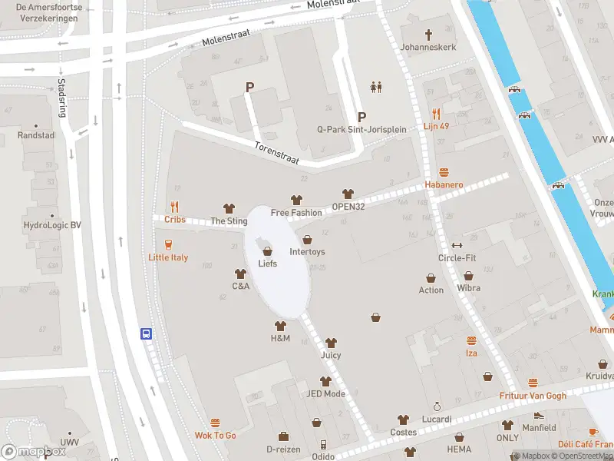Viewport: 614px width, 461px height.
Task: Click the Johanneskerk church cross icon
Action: pos(428,35)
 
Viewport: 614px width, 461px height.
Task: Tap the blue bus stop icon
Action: pos(146,333)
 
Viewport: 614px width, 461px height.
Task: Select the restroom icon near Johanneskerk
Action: pos(376,87)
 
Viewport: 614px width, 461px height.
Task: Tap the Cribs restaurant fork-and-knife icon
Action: pos(175,206)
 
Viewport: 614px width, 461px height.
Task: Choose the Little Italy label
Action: pos(168,257)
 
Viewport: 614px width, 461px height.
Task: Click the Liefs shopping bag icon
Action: pos(267,250)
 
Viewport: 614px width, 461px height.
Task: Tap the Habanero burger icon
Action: pos(444,172)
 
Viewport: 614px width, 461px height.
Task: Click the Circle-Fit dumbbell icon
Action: pos(457,245)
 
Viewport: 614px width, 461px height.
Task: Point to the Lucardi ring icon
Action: pos(437,406)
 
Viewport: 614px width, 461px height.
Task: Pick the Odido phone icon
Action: pos(324,445)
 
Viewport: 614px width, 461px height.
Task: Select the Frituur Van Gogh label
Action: pos(533,395)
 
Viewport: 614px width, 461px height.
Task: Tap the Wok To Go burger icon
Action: pos(215,423)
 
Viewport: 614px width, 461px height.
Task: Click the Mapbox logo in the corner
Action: pos(34,451)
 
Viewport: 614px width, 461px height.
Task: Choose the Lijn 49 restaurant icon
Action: pos(436,113)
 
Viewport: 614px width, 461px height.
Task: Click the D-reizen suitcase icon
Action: pos(282,436)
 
